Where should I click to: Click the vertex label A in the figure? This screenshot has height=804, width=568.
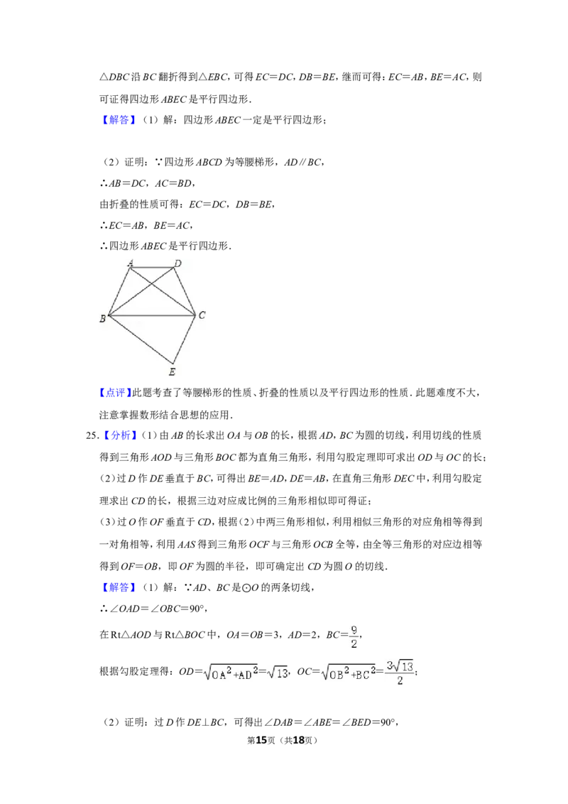click(x=130, y=263)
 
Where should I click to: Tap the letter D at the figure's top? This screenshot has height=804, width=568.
click(x=178, y=264)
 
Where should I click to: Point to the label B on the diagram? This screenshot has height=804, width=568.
click(x=102, y=319)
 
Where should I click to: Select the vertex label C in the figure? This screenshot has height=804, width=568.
click(x=202, y=315)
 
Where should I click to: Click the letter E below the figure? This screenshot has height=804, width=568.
click(x=172, y=371)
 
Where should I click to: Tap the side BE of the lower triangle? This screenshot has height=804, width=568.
click(x=141, y=339)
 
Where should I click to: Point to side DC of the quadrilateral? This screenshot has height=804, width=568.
click(x=185, y=291)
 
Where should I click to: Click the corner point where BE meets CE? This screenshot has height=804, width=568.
click(x=173, y=362)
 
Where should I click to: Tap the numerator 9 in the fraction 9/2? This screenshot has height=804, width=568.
click(x=354, y=630)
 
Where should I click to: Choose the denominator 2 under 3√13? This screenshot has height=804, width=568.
click(x=400, y=680)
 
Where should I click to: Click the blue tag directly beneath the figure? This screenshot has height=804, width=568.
click(x=114, y=393)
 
